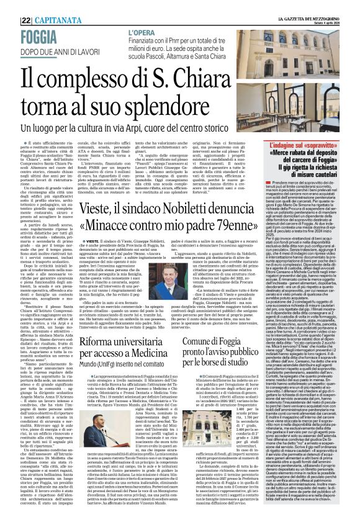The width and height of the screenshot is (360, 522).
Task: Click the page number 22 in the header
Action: (10, 5)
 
